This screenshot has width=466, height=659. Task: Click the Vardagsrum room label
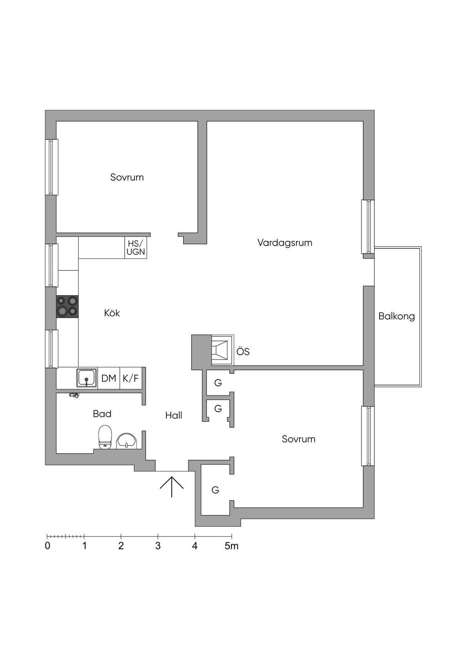point(285,243)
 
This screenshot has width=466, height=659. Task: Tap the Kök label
point(112,313)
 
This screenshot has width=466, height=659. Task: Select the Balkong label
point(396,316)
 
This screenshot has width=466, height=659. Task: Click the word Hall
point(174,415)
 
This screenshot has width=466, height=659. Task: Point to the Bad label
point(102,414)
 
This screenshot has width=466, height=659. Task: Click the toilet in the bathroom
point(105,437)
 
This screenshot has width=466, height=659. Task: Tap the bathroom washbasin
point(126,441)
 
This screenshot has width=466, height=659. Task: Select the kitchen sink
point(86,378)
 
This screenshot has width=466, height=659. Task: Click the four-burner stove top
point(67,306)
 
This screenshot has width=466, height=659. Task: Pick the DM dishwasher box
point(109,378)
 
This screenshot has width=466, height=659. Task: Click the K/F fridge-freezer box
point(131,378)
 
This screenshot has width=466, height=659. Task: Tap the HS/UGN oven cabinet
point(136,248)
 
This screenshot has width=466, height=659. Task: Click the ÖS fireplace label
point(243,352)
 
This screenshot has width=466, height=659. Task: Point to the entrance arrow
point(172,487)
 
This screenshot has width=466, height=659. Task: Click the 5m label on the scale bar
point(232,546)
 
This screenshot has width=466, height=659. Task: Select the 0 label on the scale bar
point(48,546)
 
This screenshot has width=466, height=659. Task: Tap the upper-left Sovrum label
point(127,177)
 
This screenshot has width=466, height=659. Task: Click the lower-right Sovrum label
point(299,439)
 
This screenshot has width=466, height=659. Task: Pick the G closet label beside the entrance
point(215,490)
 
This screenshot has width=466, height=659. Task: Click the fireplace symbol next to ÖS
point(222,350)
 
